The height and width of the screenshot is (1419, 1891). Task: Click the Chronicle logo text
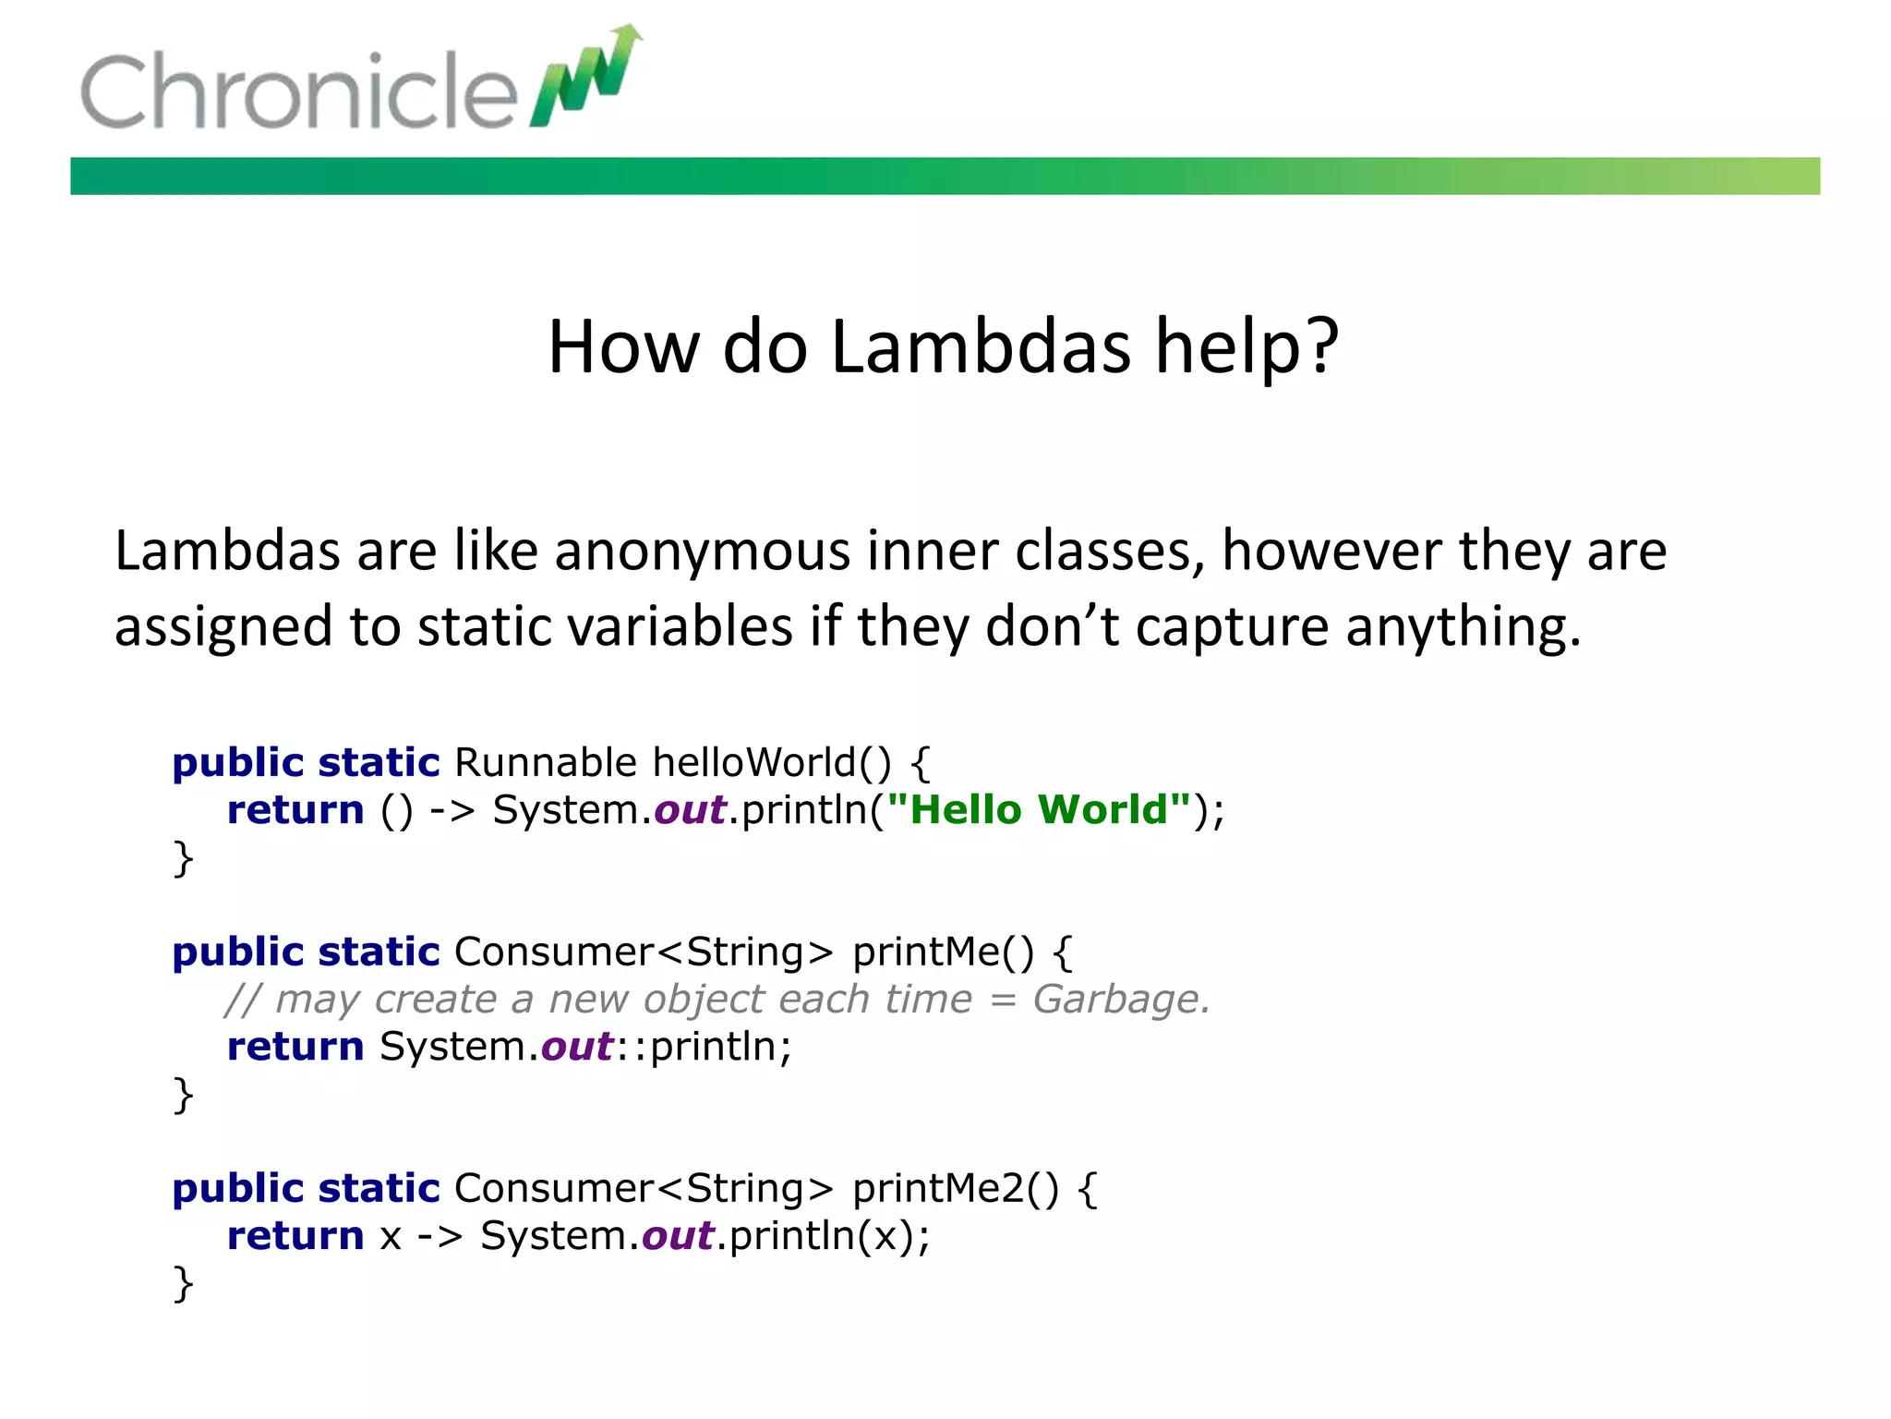pos(297,91)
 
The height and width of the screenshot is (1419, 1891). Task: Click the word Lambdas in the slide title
pos(981,347)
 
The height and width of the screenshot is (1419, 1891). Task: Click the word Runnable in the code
pos(545,763)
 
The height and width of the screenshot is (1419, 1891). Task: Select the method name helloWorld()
pos(772,763)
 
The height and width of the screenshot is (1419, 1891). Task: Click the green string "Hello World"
pos(1038,810)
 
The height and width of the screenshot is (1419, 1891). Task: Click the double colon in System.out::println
pos(632,1048)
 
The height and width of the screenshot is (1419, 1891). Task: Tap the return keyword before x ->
pos(295,1236)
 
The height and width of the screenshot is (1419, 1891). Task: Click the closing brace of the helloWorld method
pos(183,858)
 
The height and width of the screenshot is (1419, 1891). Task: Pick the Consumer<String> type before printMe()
pos(643,952)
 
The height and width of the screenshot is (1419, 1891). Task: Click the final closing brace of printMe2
pos(183,1283)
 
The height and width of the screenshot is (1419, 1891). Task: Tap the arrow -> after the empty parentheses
pos(452,810)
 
